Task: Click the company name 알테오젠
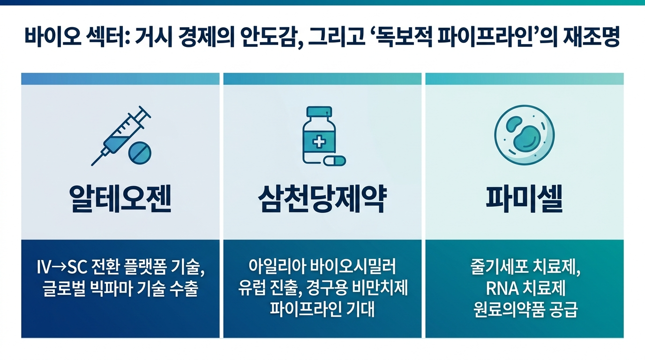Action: pos(120,200)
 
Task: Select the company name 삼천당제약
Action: pos(322,200)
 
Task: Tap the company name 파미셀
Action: pos(524,200)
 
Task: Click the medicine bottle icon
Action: pos(318,136)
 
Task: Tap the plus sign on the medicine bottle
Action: pos(318,141)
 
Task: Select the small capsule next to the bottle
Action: pos(335,161)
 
